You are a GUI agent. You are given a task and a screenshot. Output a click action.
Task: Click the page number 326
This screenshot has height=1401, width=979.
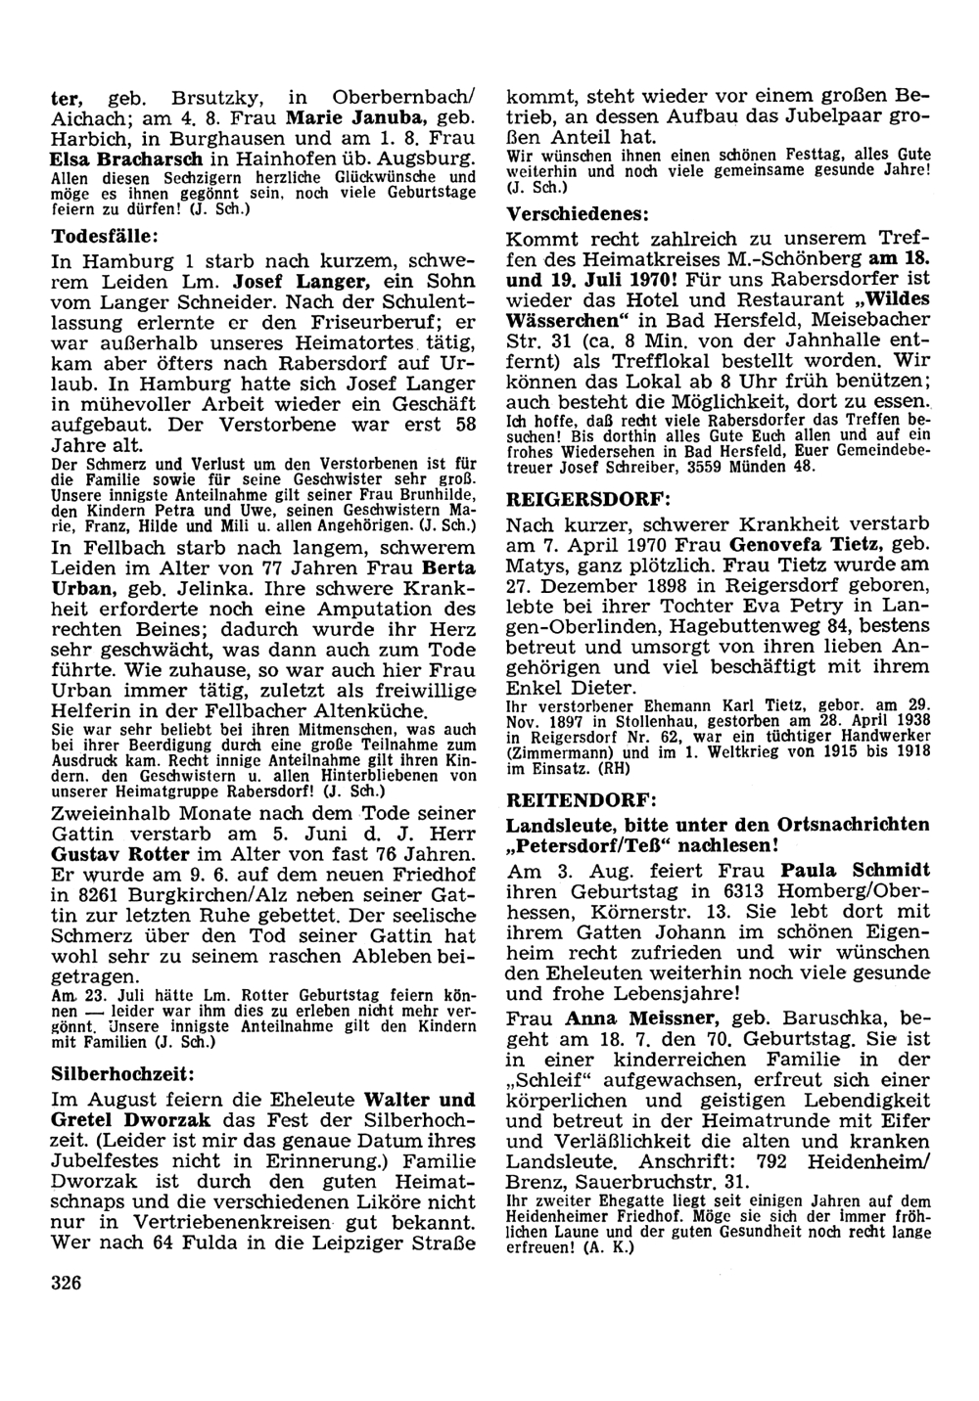point(67,1283)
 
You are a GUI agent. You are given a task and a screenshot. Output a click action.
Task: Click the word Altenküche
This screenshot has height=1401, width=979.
point(372,712)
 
